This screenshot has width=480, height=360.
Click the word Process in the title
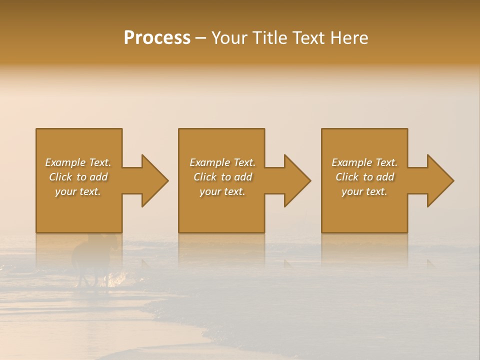[x=157, y=38]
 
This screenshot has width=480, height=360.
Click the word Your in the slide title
[x=230, y=38]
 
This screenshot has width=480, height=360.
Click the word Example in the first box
[x=65, y=162]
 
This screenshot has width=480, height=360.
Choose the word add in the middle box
[x=243, y=177]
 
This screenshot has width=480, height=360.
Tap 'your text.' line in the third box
[x=364, y=191]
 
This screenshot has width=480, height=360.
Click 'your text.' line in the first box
[x=78, y=191]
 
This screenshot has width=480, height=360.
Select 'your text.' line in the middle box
[x=222, y=191]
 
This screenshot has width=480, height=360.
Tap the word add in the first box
[x=99, y=177]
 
